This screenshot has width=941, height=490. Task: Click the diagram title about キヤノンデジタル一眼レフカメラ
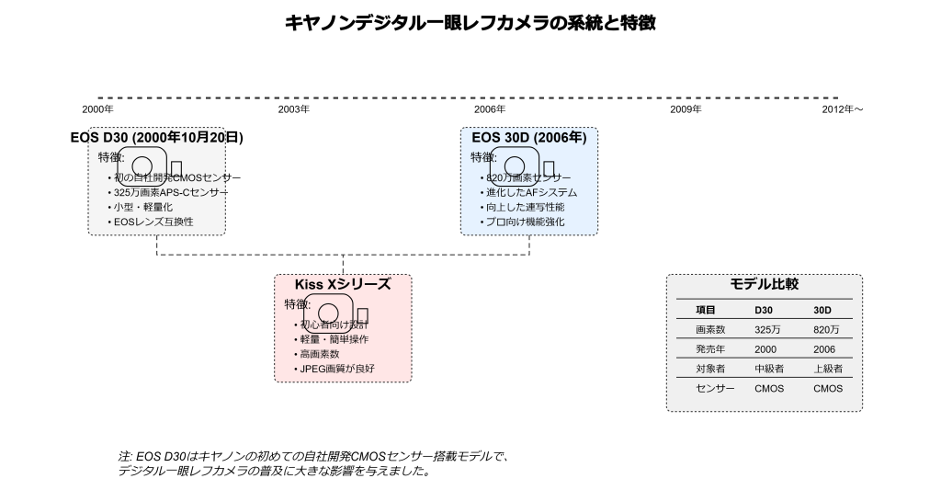pyautogui.click(x=470, y=21)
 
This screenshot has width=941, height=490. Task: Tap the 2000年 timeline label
pyautogui.click(x=97, y=109)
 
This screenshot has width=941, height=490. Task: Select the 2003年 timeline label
pyautogui.click(x=293, y=109)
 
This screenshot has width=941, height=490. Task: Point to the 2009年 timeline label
pyautogui.click(x=686, y=109)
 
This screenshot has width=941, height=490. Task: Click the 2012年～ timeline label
pyautogui.click(x=843, y=109)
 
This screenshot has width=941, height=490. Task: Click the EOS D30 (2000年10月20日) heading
pyautogui.click(x=157, y=138)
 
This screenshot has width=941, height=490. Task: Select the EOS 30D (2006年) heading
pyautogui.click(x=528, y=138)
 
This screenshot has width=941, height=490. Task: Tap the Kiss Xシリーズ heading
pyautogui.click(x=342, y=285)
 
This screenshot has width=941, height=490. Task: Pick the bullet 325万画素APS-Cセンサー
pyautogui.click(x=169, y=192)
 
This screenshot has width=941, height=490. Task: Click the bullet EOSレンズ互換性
pyautogui.click(x=153, y=222)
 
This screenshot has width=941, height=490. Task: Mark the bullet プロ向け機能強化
pyautogui.click(x=525, y=222)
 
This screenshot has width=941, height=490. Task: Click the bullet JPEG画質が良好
pyautogui.click(x=337, y=369)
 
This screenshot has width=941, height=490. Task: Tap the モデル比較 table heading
pyautogui.click(x=764, y=285)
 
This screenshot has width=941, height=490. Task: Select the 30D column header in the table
pyautogui.click(x=823, y=310)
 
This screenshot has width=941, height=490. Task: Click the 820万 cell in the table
pyautogui.click(x=826, y=329)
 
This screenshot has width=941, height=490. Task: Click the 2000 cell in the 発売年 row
pyautogui.click(x=765, y=349)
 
